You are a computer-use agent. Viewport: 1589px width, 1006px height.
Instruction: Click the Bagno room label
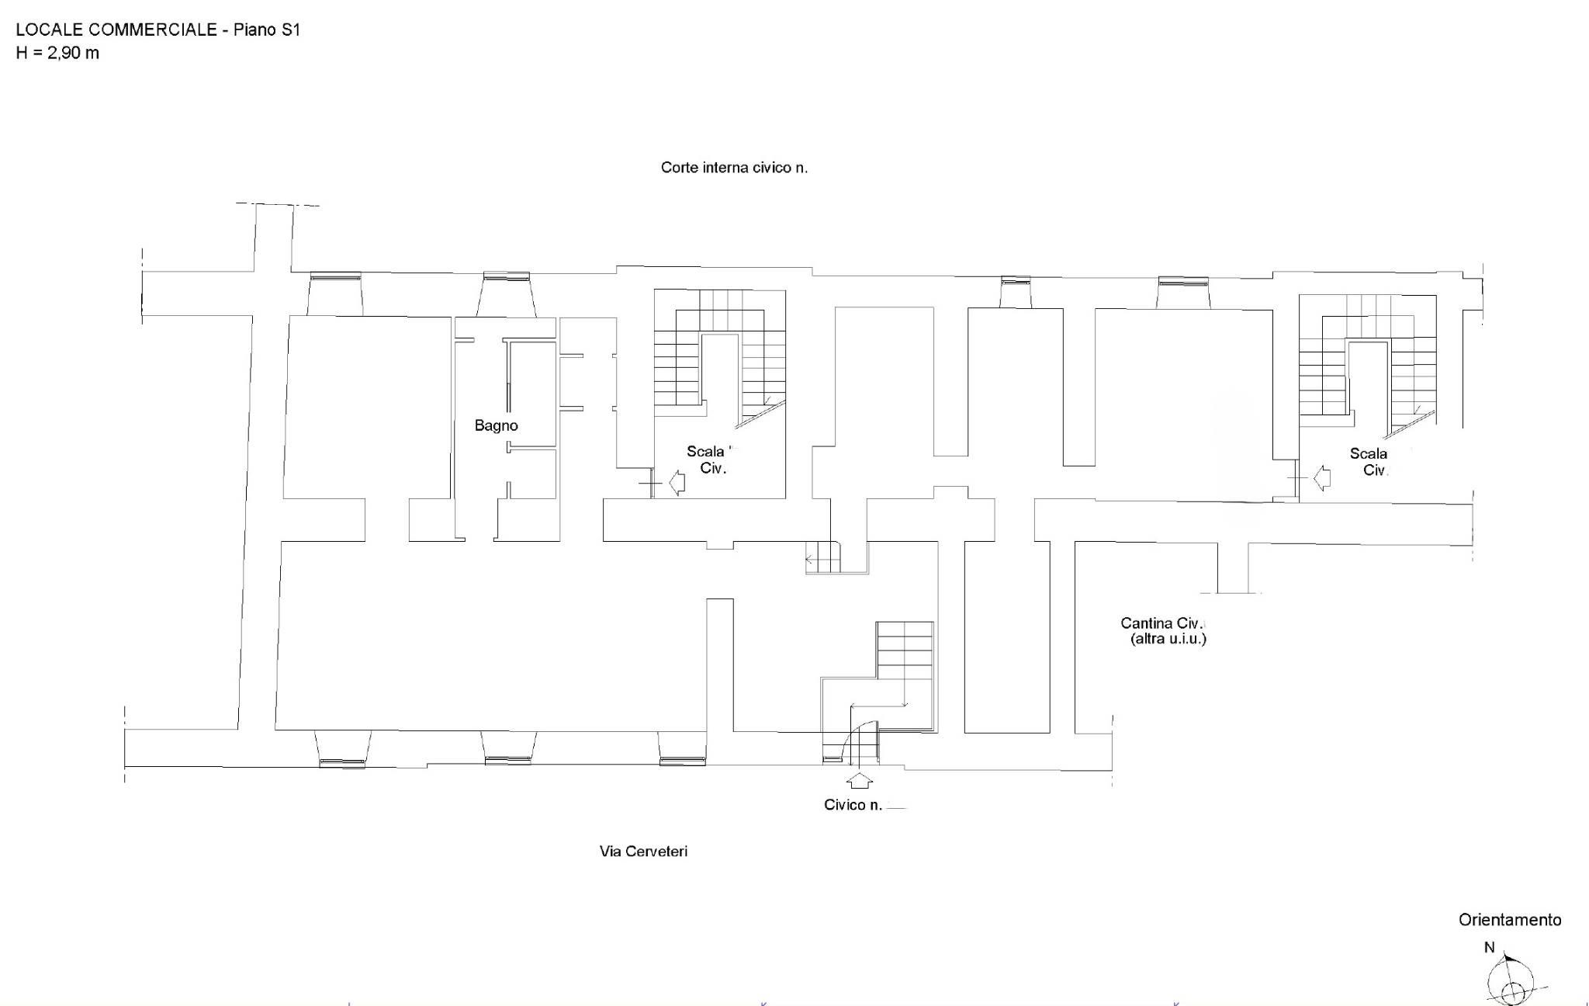(496, 425)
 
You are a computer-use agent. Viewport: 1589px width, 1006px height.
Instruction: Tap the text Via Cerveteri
(643, 851)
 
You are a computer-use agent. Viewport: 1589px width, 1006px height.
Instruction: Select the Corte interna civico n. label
(734, 167)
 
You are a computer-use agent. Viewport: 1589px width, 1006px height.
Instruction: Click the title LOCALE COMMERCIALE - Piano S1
(158, 29)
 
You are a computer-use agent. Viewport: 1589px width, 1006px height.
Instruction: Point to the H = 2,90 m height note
(57, 53)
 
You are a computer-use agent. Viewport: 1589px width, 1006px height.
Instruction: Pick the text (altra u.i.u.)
(1168, 639)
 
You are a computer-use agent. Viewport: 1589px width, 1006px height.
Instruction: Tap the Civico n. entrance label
(853, 805)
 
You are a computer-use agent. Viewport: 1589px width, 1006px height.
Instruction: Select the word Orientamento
(1510, 920)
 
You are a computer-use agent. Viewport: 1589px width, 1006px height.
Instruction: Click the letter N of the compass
(1490, 947)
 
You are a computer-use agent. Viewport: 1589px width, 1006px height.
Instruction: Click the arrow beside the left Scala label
(677, 482)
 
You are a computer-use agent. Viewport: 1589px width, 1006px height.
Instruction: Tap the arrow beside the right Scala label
(1322, 477)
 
